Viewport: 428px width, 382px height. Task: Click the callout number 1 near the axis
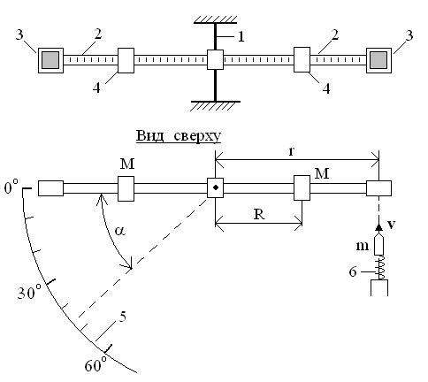pyautogui.click(x=241, y=37)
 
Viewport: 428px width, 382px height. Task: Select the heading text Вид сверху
pyautogui.click(x=179, y=136)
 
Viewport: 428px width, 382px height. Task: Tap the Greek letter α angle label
pyautogui.click(x=119, y=231)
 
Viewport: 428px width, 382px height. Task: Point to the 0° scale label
pyautogui.click(x=11, y=187)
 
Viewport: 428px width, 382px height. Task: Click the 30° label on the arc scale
pyautogui.click(x=28, y=292)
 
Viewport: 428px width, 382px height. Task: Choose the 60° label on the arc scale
pyautogui.click(x=96, y=364)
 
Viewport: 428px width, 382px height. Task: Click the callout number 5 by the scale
pyautogui.click(x=122, y=317)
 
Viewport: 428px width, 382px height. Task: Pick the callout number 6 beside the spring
pyautogui.click(x=353, y=271)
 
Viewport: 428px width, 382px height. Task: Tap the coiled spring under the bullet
pyautogui.click(x=379, y=267)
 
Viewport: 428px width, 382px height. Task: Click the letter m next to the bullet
pyautogui.click(x=362, y=246)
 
